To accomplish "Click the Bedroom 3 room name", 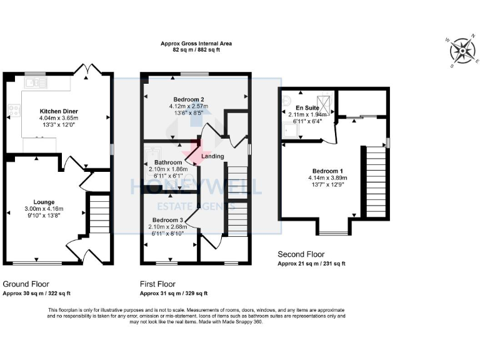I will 167,221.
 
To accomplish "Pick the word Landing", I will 213,156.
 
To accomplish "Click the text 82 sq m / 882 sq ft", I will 196,50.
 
